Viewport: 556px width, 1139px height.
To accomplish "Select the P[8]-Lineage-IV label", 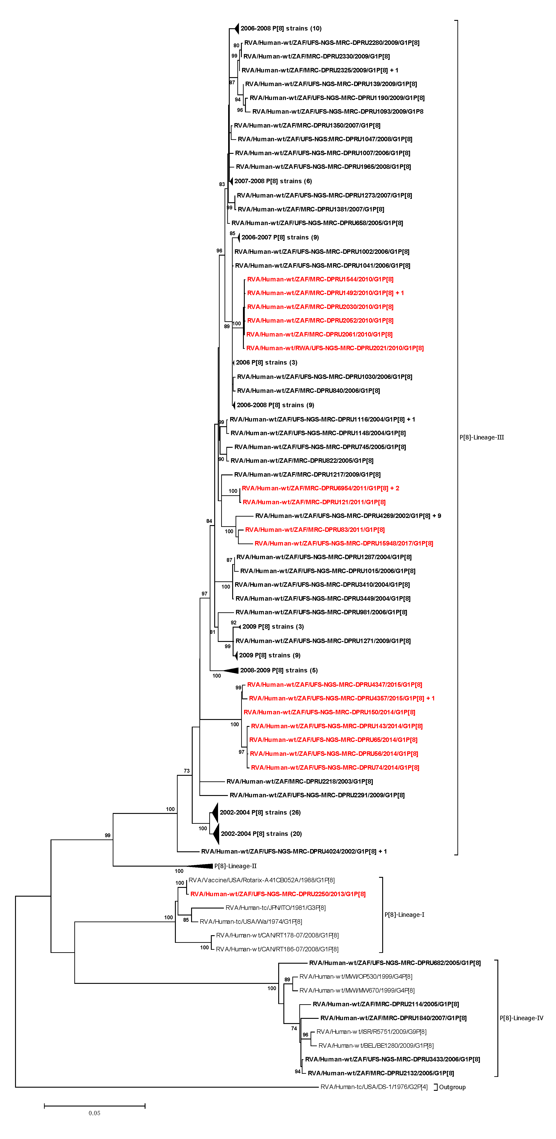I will [x=521, y=1018].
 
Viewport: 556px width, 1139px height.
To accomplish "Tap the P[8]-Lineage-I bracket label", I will [x=404, y=914].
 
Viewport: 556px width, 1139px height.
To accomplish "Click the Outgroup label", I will [x=452, y=1087].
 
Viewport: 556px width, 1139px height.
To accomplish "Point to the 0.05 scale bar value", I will [x=94, y=1113].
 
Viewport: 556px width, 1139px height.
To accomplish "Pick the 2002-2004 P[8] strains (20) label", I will [x=261, y=833].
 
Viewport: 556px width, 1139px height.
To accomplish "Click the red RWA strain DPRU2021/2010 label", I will [x=335, y=348].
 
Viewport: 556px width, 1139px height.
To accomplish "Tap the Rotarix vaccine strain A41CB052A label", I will [x=261, y=880].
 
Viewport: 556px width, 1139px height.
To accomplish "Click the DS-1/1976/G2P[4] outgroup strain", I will [x=374, y=1087].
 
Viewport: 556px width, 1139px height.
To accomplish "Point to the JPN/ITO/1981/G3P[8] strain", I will [x=275, y=907].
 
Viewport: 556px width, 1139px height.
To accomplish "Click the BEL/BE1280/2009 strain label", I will [x=376, y=1045].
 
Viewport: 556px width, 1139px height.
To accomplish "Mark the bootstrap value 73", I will [x=186, y=771].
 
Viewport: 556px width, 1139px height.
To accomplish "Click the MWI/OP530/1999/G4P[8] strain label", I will [x=355, y=976].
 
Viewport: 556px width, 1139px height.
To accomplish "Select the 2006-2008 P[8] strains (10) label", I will [x=281, y=28].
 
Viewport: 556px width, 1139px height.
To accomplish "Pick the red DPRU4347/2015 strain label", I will [x=334, y=685].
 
